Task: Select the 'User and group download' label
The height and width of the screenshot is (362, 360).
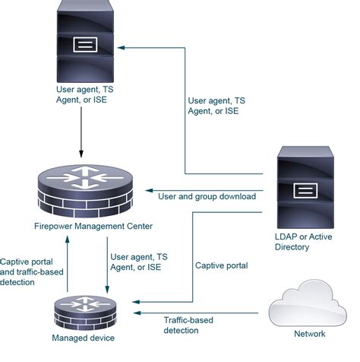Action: point(206,196)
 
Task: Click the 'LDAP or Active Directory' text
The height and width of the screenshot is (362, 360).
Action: point(304,241)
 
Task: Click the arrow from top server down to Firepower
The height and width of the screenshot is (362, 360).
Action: point(82,129)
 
